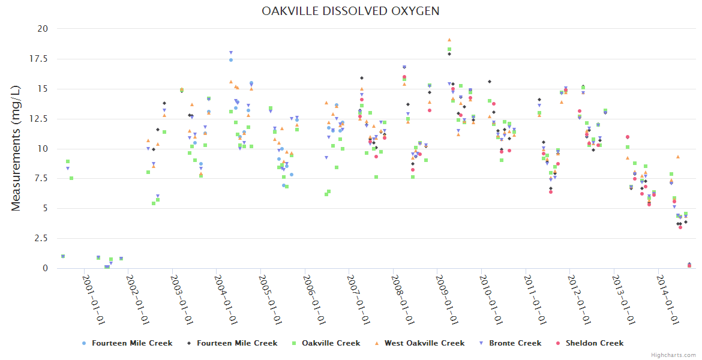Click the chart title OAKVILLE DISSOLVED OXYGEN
[350, 11]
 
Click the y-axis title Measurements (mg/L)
[16, 148]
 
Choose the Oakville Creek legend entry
[331, 343]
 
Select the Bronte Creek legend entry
[515, 343]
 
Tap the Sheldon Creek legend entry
[594, 343]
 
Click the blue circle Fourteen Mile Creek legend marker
[84, 343]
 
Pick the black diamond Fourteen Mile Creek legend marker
[189, 343]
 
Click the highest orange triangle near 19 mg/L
[449, 40]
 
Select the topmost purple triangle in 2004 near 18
[231, 53]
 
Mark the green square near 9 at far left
[68, 161]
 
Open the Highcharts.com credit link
[673, 355]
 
